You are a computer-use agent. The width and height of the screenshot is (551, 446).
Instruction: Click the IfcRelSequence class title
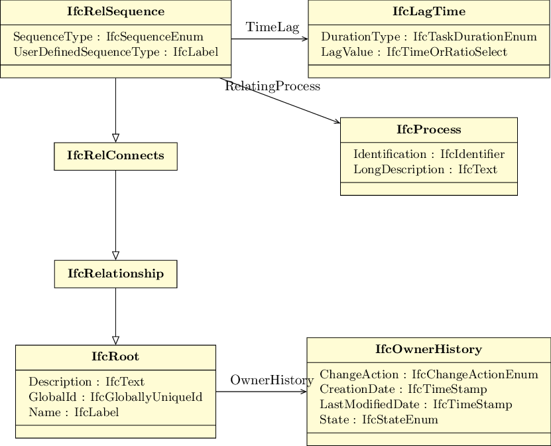[115, 11]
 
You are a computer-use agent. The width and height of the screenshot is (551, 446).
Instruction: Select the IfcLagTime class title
[429, 11]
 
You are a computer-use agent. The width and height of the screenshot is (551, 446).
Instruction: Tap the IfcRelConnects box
[115, 156]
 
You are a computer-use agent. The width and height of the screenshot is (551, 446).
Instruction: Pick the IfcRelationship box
[115, 274]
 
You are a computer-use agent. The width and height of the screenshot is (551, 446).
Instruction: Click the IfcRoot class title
[115, 356]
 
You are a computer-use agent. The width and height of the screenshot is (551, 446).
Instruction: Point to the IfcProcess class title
[429, 129]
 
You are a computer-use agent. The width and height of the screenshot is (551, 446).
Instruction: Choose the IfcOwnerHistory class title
[429, 349]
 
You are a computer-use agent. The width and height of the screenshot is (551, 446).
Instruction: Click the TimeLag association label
[273, 27]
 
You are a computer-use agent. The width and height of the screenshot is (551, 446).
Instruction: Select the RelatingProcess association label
[273, 86]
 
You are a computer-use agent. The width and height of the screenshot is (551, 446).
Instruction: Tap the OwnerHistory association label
[272, 380]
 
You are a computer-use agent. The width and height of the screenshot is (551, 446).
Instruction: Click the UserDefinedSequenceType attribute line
[115, 52]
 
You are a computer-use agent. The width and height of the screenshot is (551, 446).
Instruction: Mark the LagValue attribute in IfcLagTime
[414, 52]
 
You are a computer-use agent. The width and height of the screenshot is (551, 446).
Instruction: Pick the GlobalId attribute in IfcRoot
[115, 397]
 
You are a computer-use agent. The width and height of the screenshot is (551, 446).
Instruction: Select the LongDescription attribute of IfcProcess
[425, 169]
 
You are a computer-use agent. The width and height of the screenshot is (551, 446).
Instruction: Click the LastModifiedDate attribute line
[416, 404]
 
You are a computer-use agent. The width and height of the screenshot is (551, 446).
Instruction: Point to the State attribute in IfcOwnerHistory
[379, 419]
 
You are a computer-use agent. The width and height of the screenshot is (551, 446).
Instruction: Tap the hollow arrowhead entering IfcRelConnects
[115, 138]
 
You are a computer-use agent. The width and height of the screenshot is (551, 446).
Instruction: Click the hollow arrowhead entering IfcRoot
[115, 340]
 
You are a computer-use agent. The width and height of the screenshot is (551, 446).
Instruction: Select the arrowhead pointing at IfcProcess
[337, 121]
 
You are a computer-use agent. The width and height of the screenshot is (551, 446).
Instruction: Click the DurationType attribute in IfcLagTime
[429, 37]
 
